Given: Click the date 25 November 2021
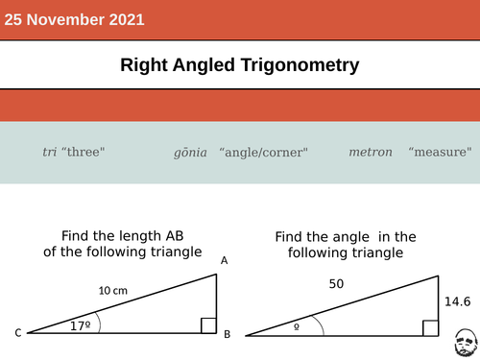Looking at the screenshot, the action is coord(74,19).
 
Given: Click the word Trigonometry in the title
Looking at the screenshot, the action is coord(300,65).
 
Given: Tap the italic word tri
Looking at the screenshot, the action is coord(50,152).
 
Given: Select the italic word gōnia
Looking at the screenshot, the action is coord(190,153).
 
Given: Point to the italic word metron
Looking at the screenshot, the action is coord(371,152).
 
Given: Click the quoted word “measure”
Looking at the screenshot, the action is coord(440,152).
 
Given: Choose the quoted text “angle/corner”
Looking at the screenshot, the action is coord(263,153).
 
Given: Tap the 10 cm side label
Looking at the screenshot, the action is coord(113,291).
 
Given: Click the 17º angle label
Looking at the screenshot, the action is coord(81,325).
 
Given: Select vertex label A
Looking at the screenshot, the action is coord(225,260).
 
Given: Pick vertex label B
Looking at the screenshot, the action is coord(228,334).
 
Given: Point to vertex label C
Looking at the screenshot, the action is coord(18,333).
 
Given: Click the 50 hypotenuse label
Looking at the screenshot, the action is coord(336,284).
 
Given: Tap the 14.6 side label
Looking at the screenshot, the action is coord(458,301).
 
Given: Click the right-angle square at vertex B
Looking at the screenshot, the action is coord(208,325).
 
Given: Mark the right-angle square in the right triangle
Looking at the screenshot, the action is coord(431,328).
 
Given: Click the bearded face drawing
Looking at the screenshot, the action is coord(466,343).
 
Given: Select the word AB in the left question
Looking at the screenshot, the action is coord(175,236).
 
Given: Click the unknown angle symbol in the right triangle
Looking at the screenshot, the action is coord(297,326).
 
